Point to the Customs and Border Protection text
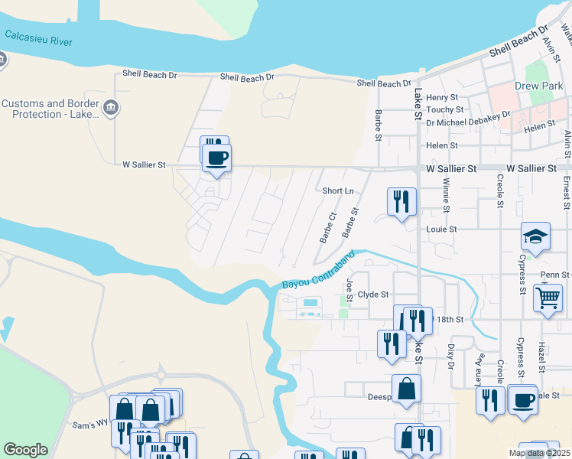(51, 109)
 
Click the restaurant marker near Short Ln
(401, 202)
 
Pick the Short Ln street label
(338, 191)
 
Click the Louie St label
(441, 229)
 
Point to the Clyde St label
(373, 294)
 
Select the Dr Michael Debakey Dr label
(468, 117)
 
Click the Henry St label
(442, 98)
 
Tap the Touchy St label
(444, 109)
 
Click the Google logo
(25, 450)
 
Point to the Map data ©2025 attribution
(539, 453)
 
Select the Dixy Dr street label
(451, 357)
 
